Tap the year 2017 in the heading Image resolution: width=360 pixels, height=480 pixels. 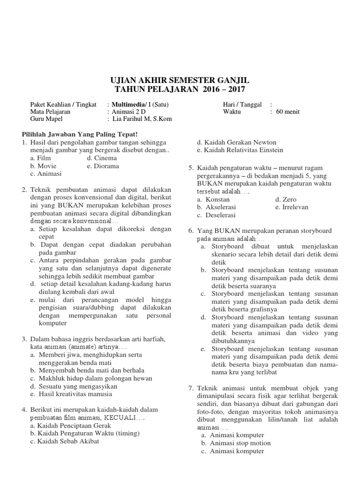coord(234,89)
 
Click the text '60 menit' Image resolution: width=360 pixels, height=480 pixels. coord(288,112)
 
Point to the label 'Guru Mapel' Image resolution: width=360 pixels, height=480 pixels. coord(46,119)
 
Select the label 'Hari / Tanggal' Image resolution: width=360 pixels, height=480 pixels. coord(242,104)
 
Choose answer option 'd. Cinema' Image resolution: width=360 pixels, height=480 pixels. coord(102,158)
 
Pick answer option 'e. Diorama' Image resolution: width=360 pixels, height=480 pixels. coord(103,166)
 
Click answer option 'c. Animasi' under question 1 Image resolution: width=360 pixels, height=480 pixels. coord(45,173)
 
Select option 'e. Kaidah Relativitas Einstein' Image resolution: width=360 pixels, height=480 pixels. coord(240,150)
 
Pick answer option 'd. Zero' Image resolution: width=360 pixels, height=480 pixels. coord(286,199)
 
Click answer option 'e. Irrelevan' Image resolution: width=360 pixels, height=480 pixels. coord(292,207)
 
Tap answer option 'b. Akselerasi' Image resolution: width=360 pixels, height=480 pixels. coord(217,207)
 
